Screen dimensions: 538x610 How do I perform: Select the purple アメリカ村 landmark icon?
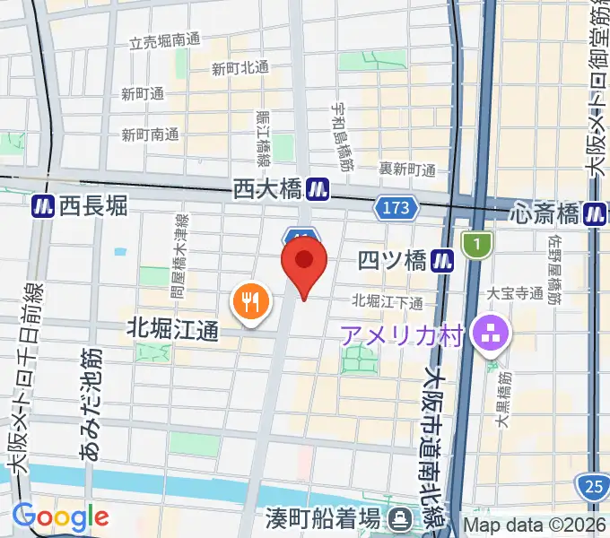[491, 335]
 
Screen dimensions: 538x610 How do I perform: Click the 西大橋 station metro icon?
[317, 189]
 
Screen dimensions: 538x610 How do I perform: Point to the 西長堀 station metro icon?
[41, 206]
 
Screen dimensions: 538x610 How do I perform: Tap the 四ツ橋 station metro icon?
[440, 260]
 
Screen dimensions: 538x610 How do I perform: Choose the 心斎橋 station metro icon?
[594, 213]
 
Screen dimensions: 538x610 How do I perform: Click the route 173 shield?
[396, 208]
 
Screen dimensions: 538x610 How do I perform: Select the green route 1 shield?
[478, 242]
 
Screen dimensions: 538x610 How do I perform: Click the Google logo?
[60, 516]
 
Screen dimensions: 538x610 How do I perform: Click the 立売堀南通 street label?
[165, 42]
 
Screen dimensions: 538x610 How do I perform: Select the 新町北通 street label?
[240, 68]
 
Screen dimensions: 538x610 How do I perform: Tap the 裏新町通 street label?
[407, 169]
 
